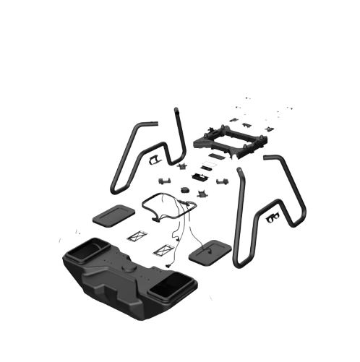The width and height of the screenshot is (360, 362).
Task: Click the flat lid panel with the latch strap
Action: coord(208,251)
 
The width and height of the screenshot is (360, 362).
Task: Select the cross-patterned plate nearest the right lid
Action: coord(163,250)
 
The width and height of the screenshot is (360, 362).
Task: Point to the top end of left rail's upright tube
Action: coord(176,109)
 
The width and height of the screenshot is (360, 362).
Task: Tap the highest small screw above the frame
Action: coord(248,98)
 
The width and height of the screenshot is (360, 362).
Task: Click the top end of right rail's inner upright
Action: coord(241,172)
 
